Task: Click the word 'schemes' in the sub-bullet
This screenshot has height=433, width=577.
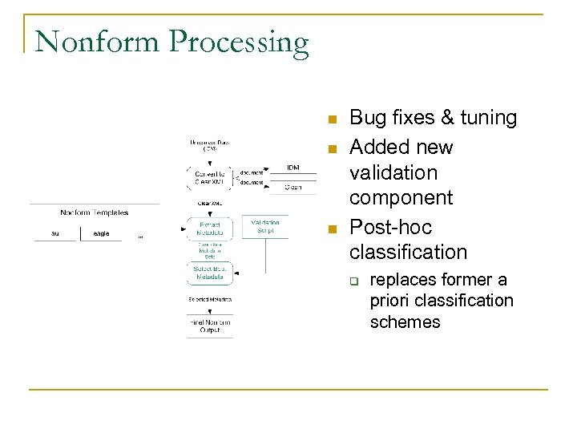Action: pyautogui.click(x=405, y=322)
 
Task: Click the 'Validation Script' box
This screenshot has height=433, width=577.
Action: pyautogui.click(x=265, y=226)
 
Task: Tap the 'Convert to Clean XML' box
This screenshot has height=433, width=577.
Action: pyautogui.click(x=211, y=176)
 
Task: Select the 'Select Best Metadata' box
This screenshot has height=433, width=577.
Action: pyautogui.click(x=211, y=273)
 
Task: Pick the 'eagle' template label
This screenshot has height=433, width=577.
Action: pyautogui.click(x=101, y=233)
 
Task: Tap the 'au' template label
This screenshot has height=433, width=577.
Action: pyautogui.click(x=55, y=233)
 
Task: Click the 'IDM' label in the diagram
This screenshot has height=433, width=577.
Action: pyautogui.click(x=294, y=167)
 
